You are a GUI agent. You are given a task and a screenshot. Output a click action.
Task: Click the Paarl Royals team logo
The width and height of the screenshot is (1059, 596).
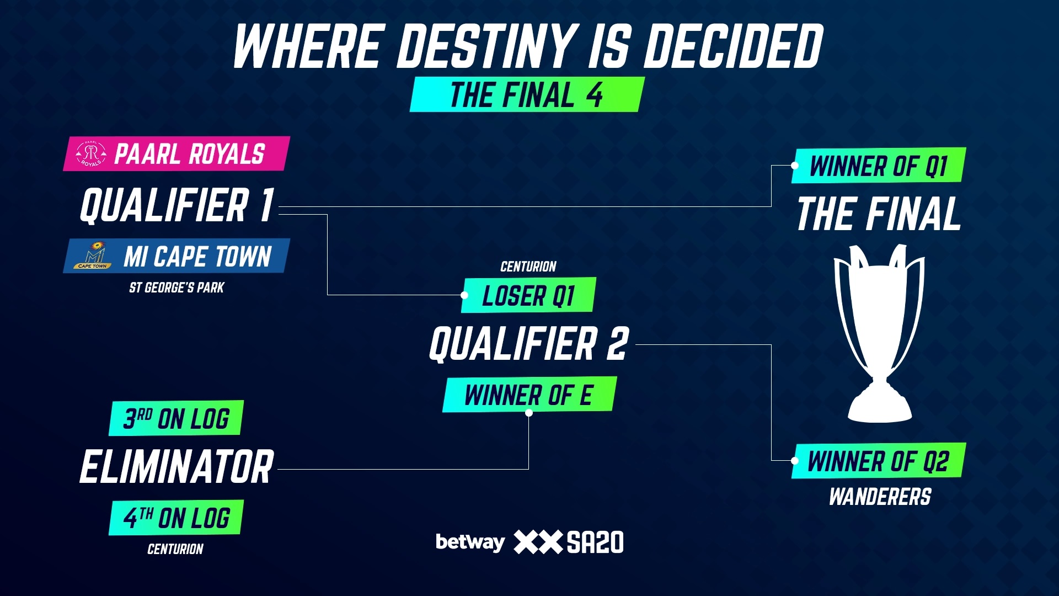pos(92,153)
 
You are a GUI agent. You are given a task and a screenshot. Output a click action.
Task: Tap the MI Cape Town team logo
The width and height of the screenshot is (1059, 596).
pos(92,256)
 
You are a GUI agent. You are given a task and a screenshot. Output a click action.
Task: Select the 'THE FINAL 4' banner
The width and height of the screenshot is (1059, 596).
pos(527,94)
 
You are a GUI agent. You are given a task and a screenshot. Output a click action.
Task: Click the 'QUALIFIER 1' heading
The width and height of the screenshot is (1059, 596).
pos(177,205)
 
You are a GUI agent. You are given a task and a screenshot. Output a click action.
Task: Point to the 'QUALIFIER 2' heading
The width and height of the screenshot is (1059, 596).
pos(529,343)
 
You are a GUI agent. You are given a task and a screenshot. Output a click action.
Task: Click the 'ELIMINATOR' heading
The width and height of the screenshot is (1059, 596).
pos(176,467)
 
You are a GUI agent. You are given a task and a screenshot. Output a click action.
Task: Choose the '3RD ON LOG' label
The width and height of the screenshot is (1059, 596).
pos(176,418)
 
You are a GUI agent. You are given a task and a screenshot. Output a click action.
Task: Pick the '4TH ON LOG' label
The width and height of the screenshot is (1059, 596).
pos(176,518)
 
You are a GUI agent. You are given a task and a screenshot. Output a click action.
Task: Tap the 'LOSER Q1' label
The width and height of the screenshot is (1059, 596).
pos(528,295)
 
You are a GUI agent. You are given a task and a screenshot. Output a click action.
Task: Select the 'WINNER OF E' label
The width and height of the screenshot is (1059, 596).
pos(529,395)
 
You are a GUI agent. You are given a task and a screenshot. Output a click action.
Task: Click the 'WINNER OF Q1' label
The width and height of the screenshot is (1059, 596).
pos(879,166)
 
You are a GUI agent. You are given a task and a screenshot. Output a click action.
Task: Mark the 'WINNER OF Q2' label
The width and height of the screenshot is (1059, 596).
pos(879,461)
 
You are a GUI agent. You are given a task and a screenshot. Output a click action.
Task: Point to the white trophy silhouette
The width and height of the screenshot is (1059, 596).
pos(879,334)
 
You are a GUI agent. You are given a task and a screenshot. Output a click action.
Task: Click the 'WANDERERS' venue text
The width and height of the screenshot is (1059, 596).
pos(880,497)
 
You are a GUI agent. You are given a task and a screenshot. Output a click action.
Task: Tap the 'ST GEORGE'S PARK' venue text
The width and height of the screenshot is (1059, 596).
pos(176,288)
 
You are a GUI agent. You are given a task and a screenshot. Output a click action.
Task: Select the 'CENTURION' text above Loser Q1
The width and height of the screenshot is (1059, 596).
pos(528,267)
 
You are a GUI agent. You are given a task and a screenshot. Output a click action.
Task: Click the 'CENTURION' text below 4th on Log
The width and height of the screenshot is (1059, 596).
pos(175,549)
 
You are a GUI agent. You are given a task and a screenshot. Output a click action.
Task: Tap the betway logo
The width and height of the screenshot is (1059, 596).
pos(470,542)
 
